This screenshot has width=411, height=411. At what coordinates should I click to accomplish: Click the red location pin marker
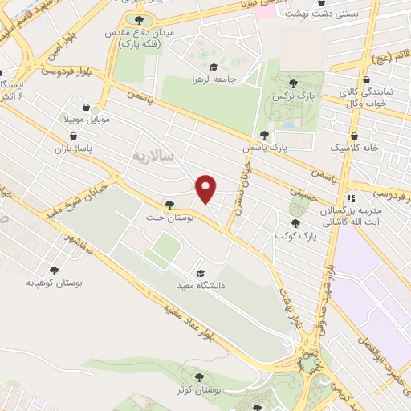point(207,189)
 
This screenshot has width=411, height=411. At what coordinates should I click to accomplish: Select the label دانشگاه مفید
point(201,285)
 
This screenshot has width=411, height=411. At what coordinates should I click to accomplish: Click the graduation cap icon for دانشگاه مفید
point(201,273)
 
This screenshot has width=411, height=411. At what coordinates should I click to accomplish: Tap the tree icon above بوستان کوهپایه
point(55,271)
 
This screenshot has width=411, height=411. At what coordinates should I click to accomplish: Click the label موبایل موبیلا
point(87,118)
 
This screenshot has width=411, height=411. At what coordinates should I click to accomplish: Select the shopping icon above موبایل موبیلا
point(87,106)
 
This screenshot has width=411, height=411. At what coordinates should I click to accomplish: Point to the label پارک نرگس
point(303,96)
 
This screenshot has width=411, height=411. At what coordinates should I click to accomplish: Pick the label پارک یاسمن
point(266,148)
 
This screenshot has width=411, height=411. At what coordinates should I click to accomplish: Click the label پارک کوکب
point(295,236)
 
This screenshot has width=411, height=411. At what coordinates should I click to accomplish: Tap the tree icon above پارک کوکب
point(295,224)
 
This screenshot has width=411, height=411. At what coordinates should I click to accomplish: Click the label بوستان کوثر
point(198,390)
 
